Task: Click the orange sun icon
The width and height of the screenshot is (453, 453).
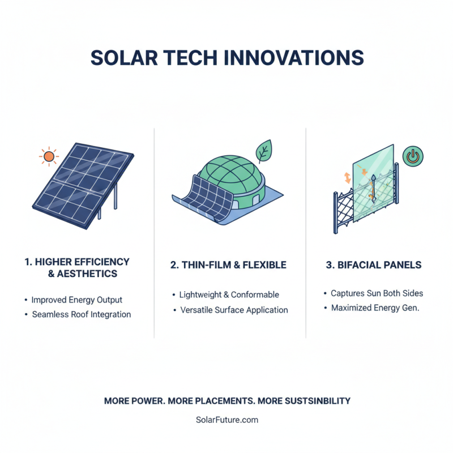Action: (x=49, y=156)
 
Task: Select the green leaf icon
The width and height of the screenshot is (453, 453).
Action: (x=263, y=152)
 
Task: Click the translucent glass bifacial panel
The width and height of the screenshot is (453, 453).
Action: (x=374, y=181)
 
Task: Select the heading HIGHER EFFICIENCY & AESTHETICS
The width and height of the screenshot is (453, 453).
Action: (x=78, y=268)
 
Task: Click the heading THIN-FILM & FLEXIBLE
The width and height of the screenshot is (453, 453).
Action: (x=228, y=265)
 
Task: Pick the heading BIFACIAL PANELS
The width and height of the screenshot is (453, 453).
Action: (x=374, y=265)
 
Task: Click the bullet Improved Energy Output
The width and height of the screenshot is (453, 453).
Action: (x=76, y=300)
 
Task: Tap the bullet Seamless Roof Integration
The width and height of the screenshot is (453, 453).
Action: (x=81, y=314)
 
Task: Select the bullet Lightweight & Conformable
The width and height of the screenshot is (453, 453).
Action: (x=229, y=295)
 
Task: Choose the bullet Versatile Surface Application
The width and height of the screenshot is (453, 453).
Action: (x=233, y=310)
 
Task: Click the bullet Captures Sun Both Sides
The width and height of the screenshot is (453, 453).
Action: (x=377, y=293)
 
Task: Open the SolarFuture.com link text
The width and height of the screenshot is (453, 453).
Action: (x=226, y=420)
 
